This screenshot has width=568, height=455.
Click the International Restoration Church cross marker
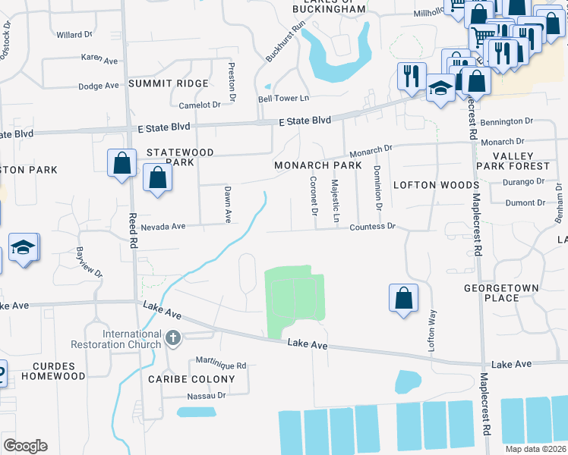coord(173,337)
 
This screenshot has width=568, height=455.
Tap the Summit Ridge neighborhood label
coord(168,83)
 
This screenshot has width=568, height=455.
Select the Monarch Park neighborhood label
coord(312,165)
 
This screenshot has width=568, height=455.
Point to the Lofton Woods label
coord(436,185)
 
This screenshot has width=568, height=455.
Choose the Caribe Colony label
coord(181,379)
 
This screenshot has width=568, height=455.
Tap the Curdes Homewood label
coord(53,370)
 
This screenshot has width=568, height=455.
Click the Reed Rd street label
coord(133,231)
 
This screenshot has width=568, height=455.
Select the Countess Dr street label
coord(373,227)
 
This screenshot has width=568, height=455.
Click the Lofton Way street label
coord(433,330)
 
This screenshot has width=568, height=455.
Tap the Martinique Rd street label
coord(221,365)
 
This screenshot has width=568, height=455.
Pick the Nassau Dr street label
coord(207,396)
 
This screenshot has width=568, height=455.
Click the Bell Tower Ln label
coord(284,99)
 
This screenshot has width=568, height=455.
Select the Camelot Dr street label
coord(199,105)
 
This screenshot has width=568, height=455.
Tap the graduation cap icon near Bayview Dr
coord(24,248)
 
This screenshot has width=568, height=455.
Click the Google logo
coord(24,446)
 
